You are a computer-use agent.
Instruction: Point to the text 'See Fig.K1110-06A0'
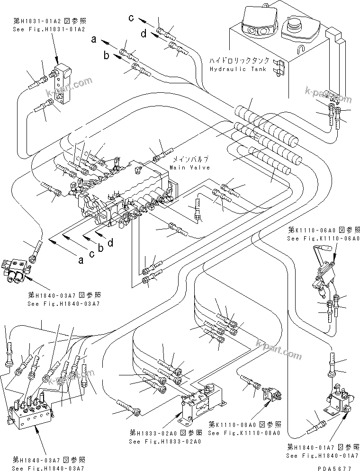coord(323,239)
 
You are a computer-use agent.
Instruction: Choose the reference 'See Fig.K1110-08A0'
coord(244,433)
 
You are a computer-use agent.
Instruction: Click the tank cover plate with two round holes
coord(255,28)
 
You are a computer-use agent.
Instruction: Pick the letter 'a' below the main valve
coord(81,260)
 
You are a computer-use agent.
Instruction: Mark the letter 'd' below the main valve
coord(111,243)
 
